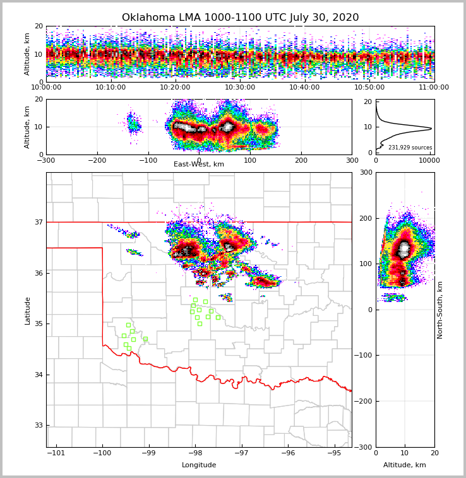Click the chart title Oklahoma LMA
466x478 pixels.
pos(240,18)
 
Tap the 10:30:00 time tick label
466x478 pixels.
pos(240,88)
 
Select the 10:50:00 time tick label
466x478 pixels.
pos(369,88)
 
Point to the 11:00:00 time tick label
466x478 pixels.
pos(434,88)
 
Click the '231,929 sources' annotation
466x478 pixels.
pos(410,148)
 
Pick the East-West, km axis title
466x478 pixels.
pos(199,165)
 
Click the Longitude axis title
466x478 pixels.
pos(199,465)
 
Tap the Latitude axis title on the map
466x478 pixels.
pos(27,310)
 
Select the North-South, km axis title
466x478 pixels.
pos(440,310)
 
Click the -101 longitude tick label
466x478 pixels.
pos(56,453)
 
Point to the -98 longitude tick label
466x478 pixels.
pos(195,453)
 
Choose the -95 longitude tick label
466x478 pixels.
pos(334,453)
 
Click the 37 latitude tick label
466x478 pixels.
pos(37,222)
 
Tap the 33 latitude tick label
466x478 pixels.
pos(37,425)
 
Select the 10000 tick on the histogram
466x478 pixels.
pos(429,160)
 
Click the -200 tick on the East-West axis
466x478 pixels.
pos(97,160)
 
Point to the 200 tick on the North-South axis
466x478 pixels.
pos(366,218)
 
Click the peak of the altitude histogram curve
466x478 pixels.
pos(431,129)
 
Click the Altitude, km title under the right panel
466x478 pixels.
pos(405,465)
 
